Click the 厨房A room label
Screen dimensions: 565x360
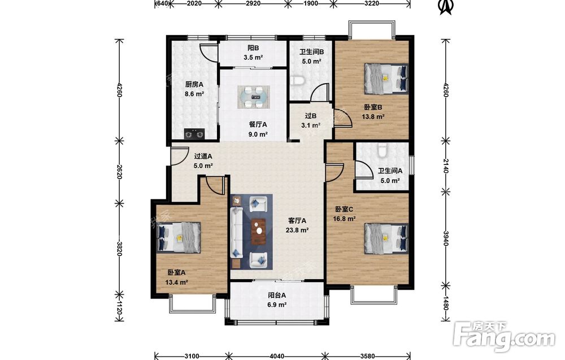point(194,84)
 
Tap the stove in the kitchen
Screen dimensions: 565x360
point(194,134)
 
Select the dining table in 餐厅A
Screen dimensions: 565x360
point(253,97)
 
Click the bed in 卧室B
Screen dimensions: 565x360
point(386,79)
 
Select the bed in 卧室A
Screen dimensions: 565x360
point(179,237)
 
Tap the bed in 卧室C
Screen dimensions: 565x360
point(386,238)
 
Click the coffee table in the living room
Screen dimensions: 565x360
point(258,231)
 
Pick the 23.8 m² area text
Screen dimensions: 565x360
point(297,230)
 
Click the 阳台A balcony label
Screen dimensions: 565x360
point(277,295)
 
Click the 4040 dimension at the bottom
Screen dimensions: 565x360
point(277,356)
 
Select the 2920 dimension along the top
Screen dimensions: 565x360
point(253,3)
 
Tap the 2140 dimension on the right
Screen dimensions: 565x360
point(446,166)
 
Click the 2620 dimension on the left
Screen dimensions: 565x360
point(120,172)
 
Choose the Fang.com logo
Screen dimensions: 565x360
point(504,337)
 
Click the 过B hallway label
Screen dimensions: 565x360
point(311,116)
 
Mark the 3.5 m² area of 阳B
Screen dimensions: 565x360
point(253,57)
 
